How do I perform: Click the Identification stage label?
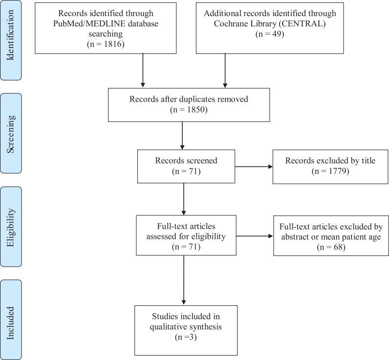(x=10, y=40)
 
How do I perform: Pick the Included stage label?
(x=10, y=318)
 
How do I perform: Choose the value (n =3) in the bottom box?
(x=185, y=337)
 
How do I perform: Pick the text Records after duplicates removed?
(x=189, y=99)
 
